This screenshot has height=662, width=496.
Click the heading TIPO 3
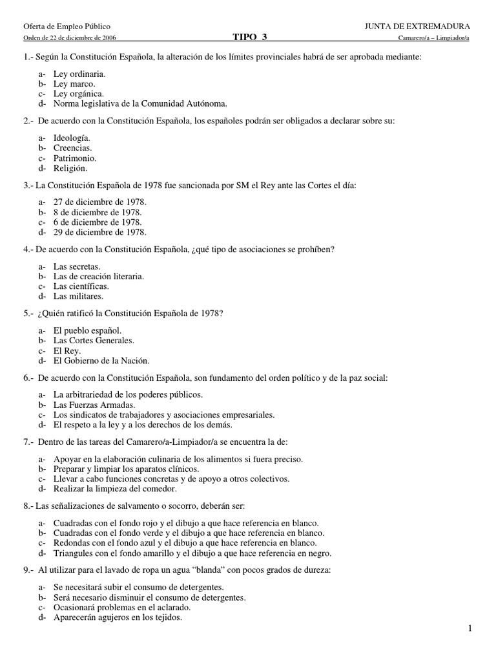tap(249, 37)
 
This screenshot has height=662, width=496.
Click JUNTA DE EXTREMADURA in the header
tap(417, 26)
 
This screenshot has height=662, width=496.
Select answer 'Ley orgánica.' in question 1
tap(78, 93)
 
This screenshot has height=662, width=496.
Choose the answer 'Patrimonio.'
tap(75, 158)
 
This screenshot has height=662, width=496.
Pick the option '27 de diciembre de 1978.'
tap(99, 202)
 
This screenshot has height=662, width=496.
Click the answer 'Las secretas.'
tap(77, 266)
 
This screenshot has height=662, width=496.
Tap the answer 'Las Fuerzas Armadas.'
tap(94, 405)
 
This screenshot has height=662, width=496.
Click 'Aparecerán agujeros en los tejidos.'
tap(118, 617)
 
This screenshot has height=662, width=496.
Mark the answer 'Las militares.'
tap(78, 296)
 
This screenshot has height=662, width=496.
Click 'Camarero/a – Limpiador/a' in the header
tap(435, 38)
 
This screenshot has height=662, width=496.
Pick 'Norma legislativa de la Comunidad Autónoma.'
tap(141, 103)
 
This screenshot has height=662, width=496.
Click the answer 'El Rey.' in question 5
tap(67, 350)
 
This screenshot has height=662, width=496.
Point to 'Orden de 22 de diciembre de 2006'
tap(70, 38)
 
